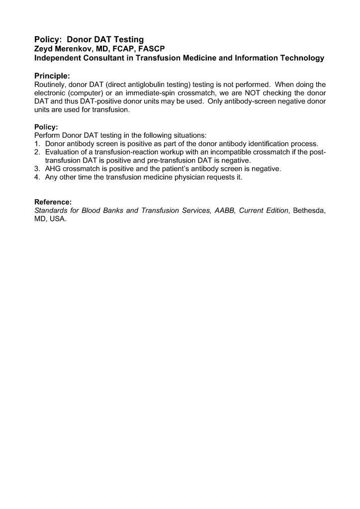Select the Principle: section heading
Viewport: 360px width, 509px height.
(x=52, y=76)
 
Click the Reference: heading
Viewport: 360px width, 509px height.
(x=53, y=202)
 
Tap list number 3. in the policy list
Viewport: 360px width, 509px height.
(x=37, y=169)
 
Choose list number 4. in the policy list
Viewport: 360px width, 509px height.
(x=37, y=176)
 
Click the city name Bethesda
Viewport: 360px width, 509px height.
(x=309, y=211)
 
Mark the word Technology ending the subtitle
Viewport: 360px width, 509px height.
(x=301, y=58)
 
